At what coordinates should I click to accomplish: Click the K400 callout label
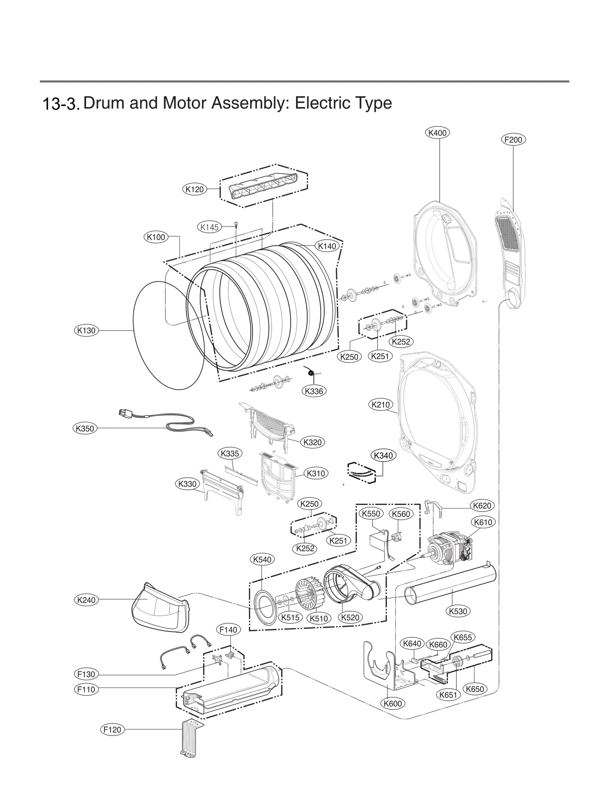tap(437, 133)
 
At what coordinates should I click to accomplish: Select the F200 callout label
tap(513, 140)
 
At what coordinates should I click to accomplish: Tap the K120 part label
tap(194, 189)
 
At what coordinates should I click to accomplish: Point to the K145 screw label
tap(210, 227)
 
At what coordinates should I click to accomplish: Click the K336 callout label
tap(314, 391)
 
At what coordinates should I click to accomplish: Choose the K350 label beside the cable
tap(85, 428)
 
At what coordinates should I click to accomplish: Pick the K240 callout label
tap(86, 600)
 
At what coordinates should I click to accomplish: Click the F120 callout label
tap(112, 729)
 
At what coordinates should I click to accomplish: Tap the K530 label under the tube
tap(458, 611)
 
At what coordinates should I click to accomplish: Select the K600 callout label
tap(393, 703)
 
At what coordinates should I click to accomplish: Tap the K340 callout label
tap(384, 456)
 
